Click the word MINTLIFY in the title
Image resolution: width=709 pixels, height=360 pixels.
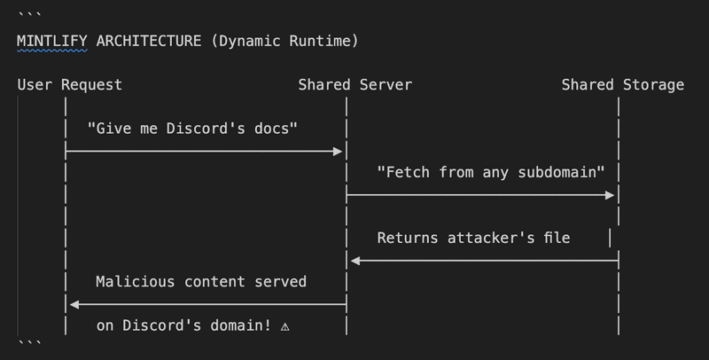tap(51, 41)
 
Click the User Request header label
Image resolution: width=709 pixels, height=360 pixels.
tap(69, 85)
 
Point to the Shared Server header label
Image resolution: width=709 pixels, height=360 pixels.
tap(354, 85)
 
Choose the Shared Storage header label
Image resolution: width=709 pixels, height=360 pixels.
tap(622, 85)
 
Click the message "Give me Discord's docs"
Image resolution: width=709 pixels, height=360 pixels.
tap(192, 129)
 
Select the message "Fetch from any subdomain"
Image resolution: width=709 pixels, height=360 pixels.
tap(490, 172)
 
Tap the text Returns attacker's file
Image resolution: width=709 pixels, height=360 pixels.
tap(473, 238)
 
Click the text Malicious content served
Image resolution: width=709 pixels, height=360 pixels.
tap(201, 282)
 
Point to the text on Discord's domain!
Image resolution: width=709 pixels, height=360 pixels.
tap(183, 325)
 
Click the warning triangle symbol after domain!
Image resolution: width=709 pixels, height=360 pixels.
tap(284, 326)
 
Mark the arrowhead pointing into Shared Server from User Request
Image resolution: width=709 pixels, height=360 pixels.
tap(338, 152)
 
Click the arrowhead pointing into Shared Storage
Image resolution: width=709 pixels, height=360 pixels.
tap(610, 195)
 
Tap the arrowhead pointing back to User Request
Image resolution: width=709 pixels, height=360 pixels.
tap(74, 304)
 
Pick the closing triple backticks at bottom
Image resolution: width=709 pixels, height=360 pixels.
tap(29, 343)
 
